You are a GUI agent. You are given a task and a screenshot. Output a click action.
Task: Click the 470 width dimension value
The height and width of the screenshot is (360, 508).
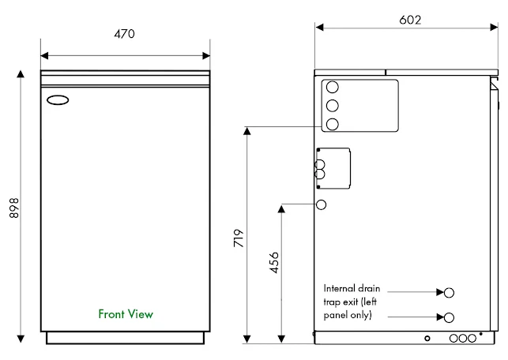[124, 34]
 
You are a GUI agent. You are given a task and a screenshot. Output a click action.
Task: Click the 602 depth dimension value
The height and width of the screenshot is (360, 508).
[410, 20]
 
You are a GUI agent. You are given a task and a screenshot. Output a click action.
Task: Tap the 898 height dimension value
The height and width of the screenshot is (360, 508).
[14, 208]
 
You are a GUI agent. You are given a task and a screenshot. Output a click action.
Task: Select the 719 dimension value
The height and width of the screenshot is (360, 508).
[239, 238]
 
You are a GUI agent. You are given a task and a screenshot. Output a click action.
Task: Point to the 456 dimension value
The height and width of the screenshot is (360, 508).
[274, 263]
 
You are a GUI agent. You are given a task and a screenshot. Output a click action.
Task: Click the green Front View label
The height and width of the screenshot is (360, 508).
[126, 314]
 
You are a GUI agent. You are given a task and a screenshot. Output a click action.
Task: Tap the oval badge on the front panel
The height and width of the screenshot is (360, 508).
[58, 100]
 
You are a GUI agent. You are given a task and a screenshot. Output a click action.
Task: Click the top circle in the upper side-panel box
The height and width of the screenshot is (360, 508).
[333, 87]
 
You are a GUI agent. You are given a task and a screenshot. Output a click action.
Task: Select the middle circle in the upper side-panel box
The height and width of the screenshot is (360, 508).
[333, 106]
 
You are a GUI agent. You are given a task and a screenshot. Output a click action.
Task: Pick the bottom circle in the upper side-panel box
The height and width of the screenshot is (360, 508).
[333, 124]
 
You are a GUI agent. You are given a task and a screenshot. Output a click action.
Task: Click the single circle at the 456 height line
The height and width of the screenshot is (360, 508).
[321, 204]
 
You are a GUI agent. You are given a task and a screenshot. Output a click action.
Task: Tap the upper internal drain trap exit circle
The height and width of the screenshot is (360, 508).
[449, 293]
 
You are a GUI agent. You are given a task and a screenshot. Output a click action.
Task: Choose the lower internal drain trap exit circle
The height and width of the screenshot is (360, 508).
[449, 317]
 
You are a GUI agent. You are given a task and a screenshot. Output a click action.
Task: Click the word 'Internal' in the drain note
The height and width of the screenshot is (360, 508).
[337, 288]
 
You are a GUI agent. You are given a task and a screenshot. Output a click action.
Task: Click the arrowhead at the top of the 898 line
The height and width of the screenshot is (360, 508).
[21, 73]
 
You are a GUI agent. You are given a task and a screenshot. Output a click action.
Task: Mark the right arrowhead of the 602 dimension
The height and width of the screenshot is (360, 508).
[494, 28]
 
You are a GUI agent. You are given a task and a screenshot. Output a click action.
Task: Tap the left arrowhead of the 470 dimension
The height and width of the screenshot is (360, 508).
[44, 56]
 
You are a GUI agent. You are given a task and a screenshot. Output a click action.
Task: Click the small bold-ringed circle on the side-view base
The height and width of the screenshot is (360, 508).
[427, 339]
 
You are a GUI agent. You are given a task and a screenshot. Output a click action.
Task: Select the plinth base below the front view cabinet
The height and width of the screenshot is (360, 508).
[126, 338]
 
